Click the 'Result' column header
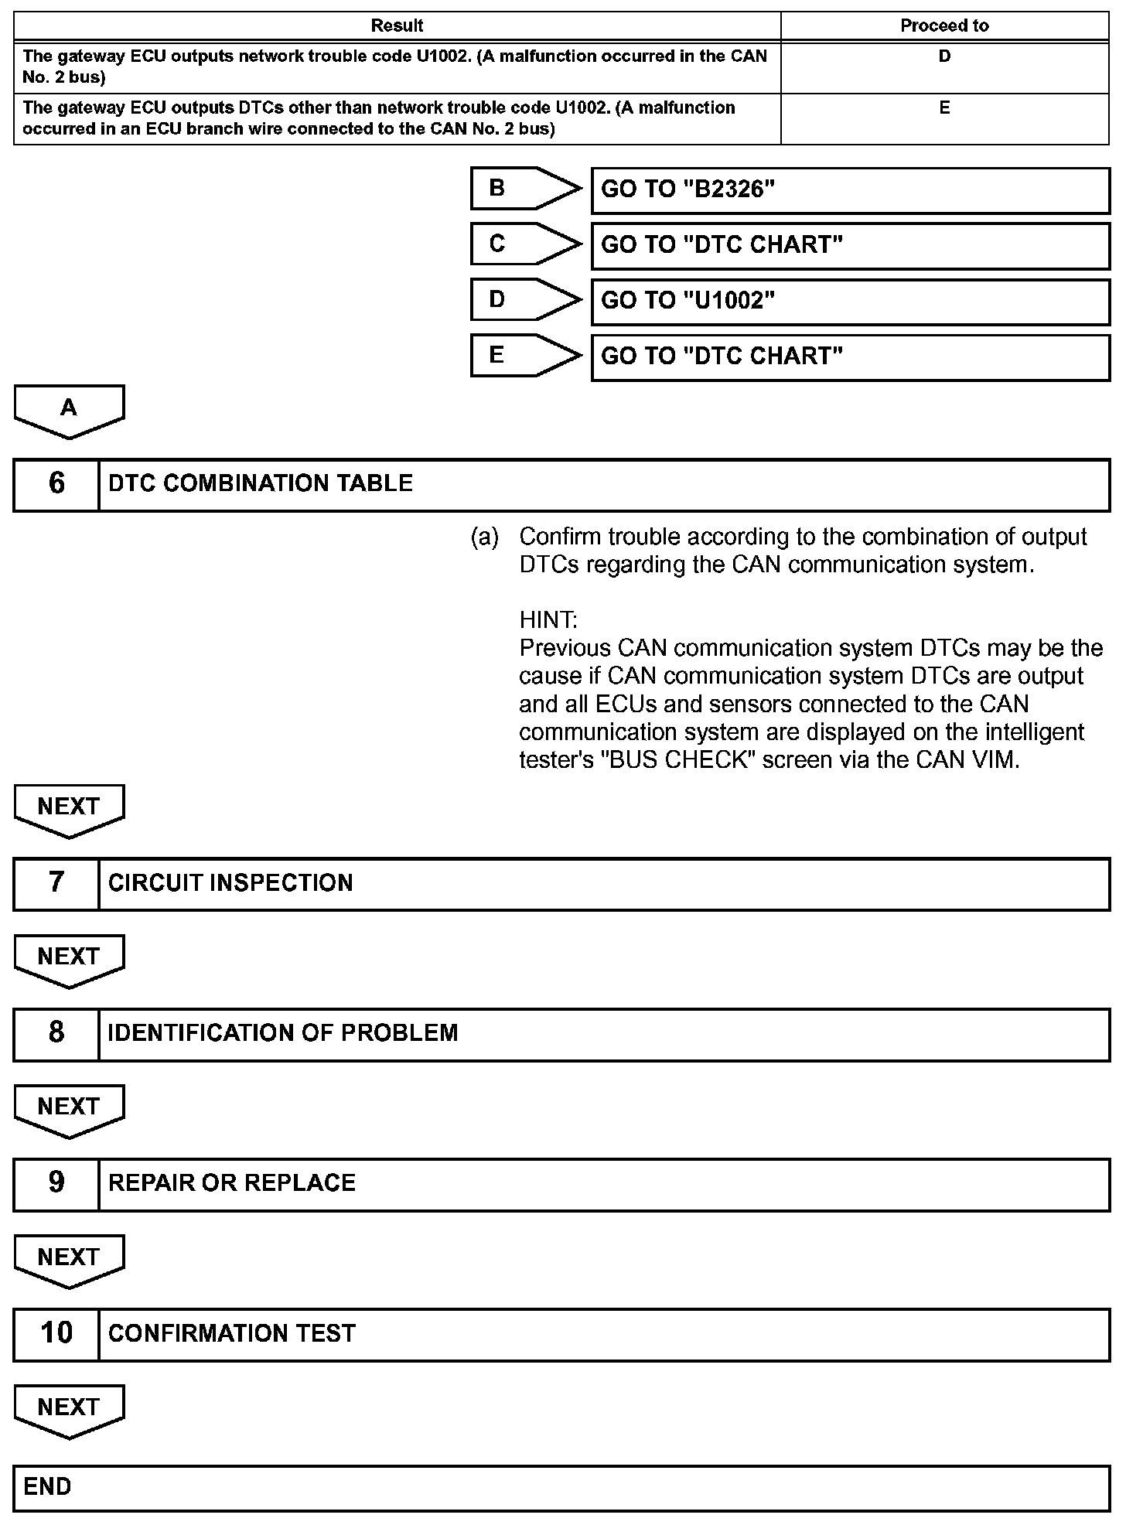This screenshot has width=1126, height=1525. point(397,26)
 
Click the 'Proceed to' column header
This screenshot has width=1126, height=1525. point(944,26)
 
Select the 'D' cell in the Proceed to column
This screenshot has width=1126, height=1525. point(944,56)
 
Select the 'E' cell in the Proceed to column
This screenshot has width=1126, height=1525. point(944,108)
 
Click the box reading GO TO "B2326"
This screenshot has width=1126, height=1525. point(850,190)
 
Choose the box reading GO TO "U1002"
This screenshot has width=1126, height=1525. point(850,302)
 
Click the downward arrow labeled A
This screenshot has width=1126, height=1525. point(69,410)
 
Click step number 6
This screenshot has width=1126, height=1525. point(56,484)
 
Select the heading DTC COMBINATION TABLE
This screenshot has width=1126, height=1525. point(261,484)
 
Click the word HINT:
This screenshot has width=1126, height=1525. point(548,620)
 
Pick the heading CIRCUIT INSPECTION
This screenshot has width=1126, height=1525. point(230,883)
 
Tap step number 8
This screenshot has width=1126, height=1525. point(56,1033)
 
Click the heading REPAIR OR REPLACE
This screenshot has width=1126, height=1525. point(232,1183)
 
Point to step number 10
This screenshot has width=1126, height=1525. point(56,1333)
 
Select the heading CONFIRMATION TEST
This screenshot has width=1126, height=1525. point(232,1333)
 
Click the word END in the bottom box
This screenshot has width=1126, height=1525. point(47,1486)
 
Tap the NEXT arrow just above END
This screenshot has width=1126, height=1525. point(69,1409)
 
